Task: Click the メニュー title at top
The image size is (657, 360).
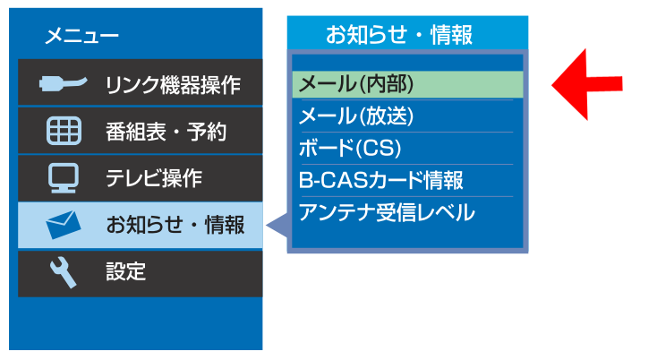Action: tap(81, 36)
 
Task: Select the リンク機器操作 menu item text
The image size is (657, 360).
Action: tap(173, 84)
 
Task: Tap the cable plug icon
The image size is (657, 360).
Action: tap(64, 82)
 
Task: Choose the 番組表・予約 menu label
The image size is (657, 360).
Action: tap(166, 132)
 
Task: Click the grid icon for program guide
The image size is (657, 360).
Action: tap(64, 131)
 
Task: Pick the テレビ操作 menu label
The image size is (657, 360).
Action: tap(154, 178)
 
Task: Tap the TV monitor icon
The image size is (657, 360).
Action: tap(64, 177)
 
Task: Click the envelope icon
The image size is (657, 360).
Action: tap(64, 225)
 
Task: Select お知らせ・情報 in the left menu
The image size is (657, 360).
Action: tap(175, 225)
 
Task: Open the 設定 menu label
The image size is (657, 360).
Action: tap(125, 271)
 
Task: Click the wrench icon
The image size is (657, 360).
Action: tap(64, 272)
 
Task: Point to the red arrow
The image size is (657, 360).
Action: tap(587, 84)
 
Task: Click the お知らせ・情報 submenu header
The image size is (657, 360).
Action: tap(399, 34)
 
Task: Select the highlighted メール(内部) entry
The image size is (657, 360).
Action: tap(356, 84)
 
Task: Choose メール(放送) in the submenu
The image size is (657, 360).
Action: tap(356, 116)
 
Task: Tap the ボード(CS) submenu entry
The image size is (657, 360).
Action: tap(350, 148)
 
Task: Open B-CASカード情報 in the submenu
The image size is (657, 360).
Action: tap(381, 180)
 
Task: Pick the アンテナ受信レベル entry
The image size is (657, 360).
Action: tap(387, 212)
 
